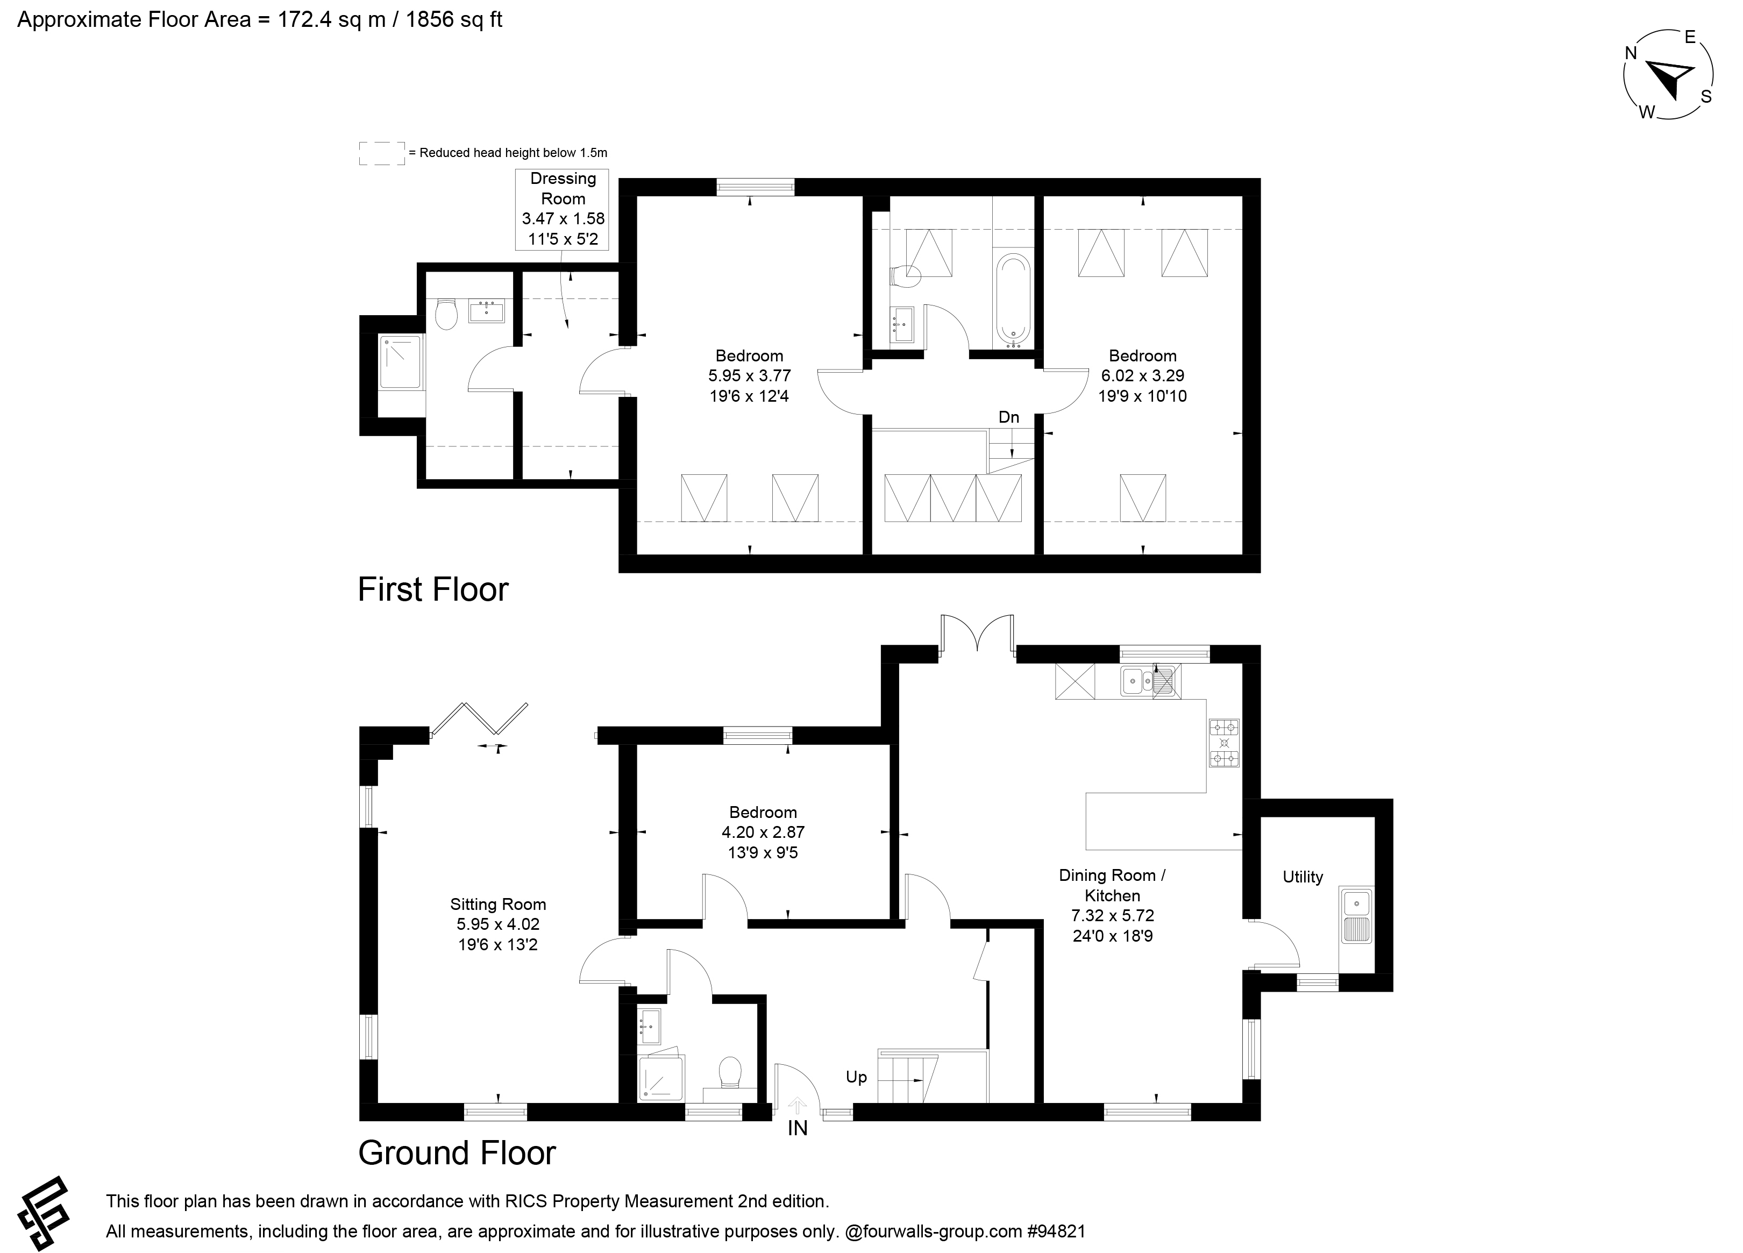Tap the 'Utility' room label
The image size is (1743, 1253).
point(1303,877)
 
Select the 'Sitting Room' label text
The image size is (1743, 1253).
point(498,904)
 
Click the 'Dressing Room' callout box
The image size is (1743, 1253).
point(563,209)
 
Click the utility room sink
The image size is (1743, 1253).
point(1356,915)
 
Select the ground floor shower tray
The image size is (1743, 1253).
point(661,1078)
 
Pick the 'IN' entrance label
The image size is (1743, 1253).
point(797,1128)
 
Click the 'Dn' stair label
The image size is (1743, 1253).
point(1008,417)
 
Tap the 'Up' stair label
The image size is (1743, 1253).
point(856,1077)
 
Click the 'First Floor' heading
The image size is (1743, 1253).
point(433,589)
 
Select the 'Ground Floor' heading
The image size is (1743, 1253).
point(457,1153)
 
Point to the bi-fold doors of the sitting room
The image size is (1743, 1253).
point(480,720)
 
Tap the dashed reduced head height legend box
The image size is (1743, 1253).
point(382,153)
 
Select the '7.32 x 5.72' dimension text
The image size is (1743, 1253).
point(1112,915)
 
